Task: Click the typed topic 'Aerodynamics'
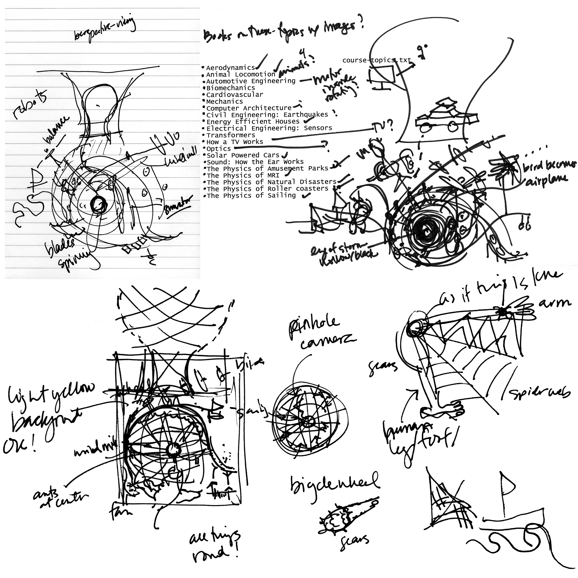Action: pyautogui.click(x=230, y=68)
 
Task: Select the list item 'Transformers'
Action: pyautogui.click(x=231, y=135)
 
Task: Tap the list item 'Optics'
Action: pyautogui.click(x=219, y=149)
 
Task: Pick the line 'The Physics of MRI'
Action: pyautogui.click(x=243, y=175)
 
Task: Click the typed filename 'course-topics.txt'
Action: pyautogui.click(x=376, y=60)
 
